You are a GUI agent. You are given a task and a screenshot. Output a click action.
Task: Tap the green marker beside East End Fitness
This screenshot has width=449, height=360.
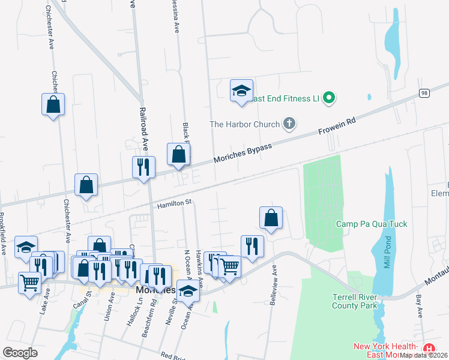coord(328,97)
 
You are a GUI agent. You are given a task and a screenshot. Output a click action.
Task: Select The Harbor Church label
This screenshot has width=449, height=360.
coord(245,125)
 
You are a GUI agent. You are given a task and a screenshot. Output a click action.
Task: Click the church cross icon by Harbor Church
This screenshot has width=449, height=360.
coord(289,124)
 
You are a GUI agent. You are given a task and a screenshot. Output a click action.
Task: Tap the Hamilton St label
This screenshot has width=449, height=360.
coord(173,205)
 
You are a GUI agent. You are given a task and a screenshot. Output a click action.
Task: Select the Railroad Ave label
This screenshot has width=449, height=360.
coord(143,129)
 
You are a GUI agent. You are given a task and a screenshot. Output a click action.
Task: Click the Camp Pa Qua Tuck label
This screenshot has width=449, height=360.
coord(371,224)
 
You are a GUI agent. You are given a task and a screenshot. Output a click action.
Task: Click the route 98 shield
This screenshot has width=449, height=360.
coord(424,93)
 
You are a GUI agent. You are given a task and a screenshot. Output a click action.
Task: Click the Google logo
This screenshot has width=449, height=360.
coord(20,352)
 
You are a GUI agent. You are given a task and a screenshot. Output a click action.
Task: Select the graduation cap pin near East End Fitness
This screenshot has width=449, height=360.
coord(241,91)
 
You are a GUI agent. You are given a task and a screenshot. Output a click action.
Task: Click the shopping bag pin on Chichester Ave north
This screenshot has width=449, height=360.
coord(53,104)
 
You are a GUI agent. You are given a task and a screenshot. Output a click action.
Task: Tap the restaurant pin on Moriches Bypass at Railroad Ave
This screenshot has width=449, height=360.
coord(144,167)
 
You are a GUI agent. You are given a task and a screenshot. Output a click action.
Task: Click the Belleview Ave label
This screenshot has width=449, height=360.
coord(274,285)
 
